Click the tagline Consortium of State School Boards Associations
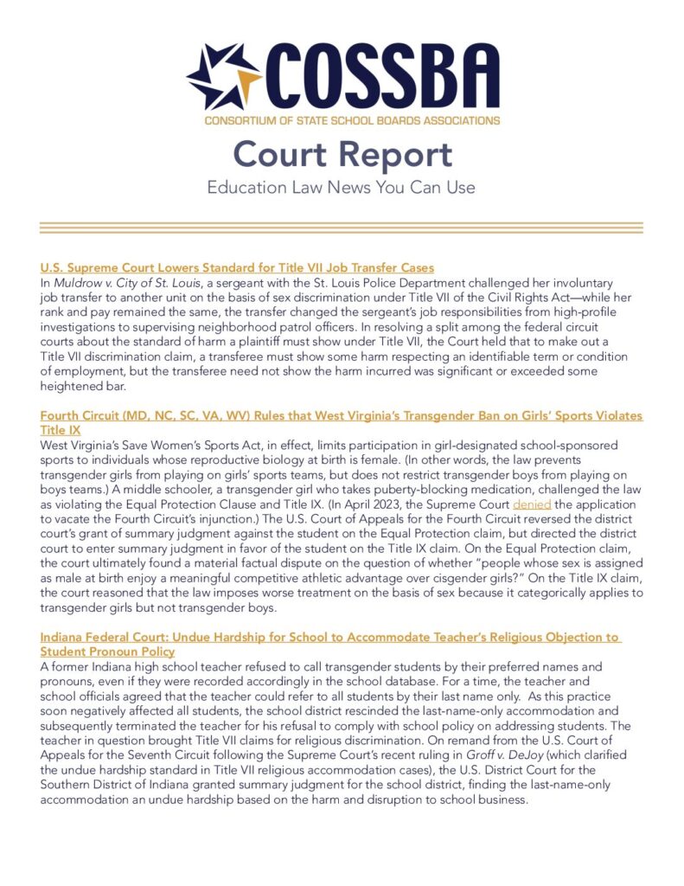point(352,119)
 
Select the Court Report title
point(342,154)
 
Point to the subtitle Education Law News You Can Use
point(342,186)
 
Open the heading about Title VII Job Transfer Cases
point(237,267)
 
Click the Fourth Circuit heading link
point(342,416)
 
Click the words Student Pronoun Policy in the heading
point(107,652)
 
